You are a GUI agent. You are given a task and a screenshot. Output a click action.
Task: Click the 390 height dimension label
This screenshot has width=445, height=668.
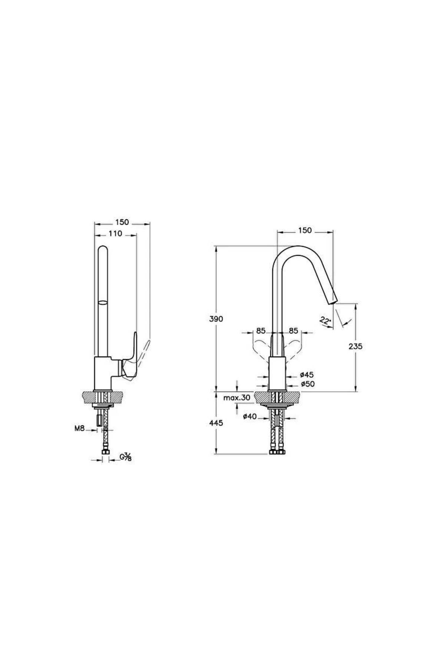[x=216, y=319]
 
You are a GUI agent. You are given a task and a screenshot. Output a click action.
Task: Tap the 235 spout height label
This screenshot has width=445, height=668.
[x=356, y=346]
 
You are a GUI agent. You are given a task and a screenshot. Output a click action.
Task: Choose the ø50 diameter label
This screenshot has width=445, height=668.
[x=307, y=384]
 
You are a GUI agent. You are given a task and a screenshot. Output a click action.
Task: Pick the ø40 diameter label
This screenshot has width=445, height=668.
[x=250, y=416]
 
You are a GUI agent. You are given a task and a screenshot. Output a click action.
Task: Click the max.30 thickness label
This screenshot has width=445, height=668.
[x=237, y=398]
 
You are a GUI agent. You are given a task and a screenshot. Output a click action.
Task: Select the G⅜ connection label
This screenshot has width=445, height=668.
[x=126, y=457]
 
